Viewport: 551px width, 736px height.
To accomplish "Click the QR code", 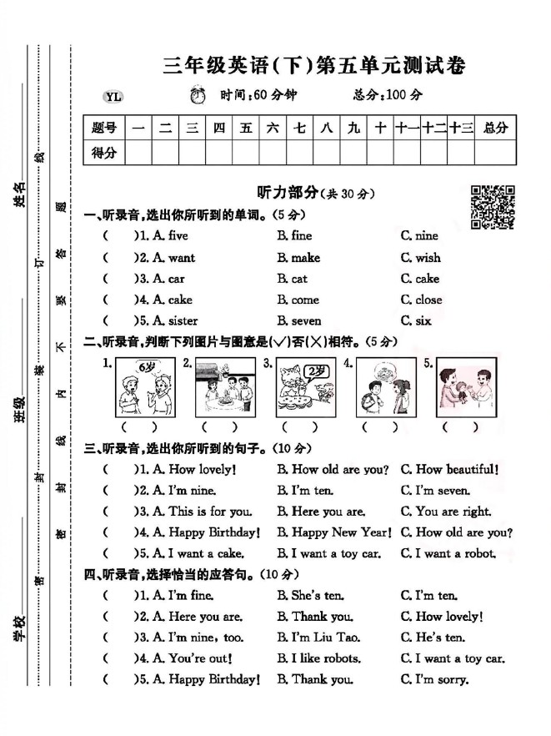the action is tap(492, 205).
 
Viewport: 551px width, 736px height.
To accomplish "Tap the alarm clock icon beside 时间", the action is tap(198, 95).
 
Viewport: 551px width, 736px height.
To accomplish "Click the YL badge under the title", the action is tap(114, 96).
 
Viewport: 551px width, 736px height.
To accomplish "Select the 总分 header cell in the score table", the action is tap(494, 128).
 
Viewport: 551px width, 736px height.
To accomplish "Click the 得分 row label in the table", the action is tap(104, 152).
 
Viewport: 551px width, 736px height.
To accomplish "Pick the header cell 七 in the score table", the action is tap(298, 128).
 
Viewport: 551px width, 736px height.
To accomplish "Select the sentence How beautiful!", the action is tap(449, 469).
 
